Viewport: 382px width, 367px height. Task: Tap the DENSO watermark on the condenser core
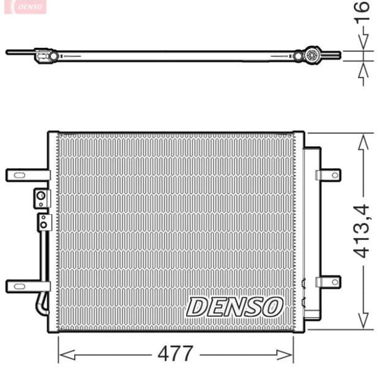point(235,306)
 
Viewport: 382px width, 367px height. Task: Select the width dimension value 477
point(176,353)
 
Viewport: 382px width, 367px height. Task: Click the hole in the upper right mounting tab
point(334,175)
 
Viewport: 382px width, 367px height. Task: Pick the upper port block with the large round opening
point(41,198)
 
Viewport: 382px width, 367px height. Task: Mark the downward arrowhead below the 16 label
point(364,43)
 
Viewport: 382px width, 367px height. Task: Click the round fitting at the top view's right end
point(311,56)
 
